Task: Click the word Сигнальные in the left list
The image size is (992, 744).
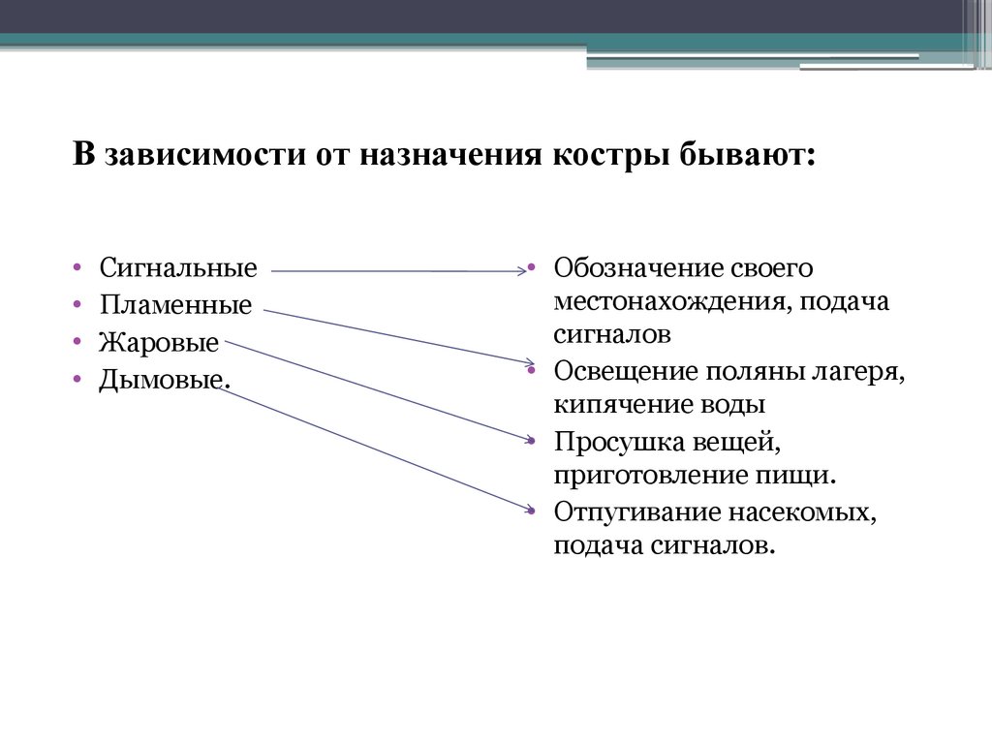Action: point(177,267)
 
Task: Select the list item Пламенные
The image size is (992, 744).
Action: point(174,305)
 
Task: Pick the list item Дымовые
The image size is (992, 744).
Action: point(164,380)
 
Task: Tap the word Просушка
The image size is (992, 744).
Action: point(618,442)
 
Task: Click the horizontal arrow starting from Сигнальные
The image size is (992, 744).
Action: point(397,272)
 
